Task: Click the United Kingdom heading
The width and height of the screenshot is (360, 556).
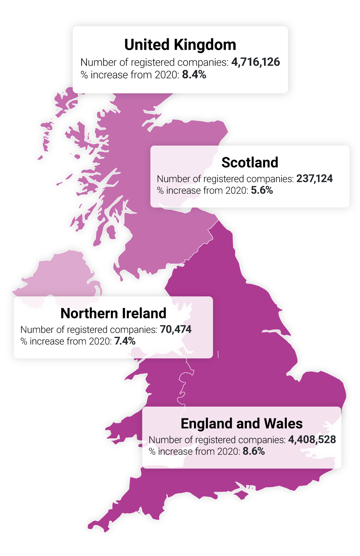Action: [180, 45]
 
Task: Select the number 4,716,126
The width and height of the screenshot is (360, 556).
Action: [256, 62]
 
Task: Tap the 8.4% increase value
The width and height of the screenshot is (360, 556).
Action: [194, 74]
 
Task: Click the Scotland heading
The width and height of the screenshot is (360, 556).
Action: [250, 162]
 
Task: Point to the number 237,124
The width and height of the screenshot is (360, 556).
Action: [314, 178]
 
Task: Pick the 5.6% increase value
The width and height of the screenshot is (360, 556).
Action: [262, 190]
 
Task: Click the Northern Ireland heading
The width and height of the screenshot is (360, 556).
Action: [113, 313]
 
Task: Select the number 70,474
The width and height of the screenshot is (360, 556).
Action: [176, 329]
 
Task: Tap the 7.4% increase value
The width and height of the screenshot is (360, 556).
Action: [125, 341]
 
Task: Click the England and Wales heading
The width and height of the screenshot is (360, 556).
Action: [242, 424]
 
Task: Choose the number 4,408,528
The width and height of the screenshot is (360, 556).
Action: [312, 440]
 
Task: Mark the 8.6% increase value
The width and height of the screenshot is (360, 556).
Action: [254, 451]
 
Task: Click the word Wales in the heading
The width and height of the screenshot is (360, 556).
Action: [284, 424]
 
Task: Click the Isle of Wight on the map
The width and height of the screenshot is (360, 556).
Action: [241, 494]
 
